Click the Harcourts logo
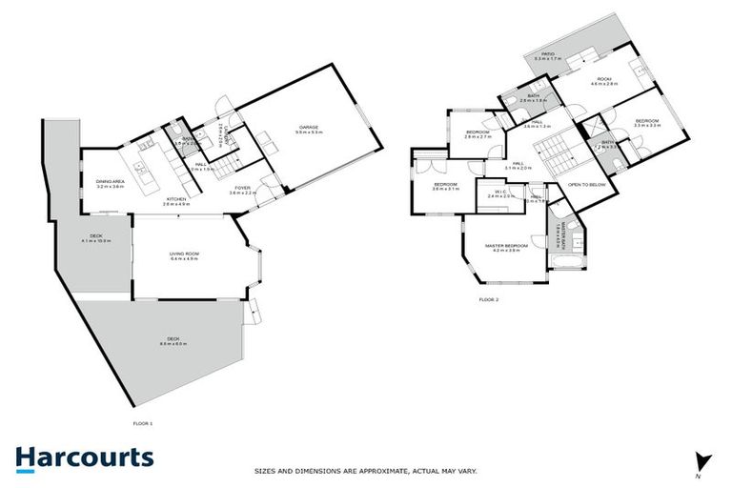(85, 457)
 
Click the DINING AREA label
(111, 183)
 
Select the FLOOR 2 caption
(488, 299)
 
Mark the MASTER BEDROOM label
(502, 248)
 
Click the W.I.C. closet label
(500, 193)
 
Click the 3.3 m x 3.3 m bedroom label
(646, 123)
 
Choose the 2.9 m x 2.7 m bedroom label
(477, 133)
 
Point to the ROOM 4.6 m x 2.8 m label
(604, 82)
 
